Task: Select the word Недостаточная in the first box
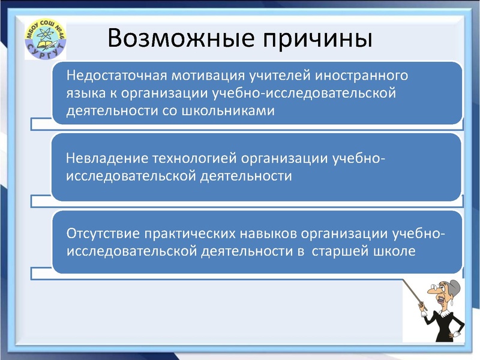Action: pyautogui.click(x=118, y=77)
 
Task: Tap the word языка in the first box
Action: pyautogui.click(x=85, y=94)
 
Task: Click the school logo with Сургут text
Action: pyautogui.click(x=45, y=40)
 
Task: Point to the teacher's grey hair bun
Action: pyautogui.click(x=454, y=285)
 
